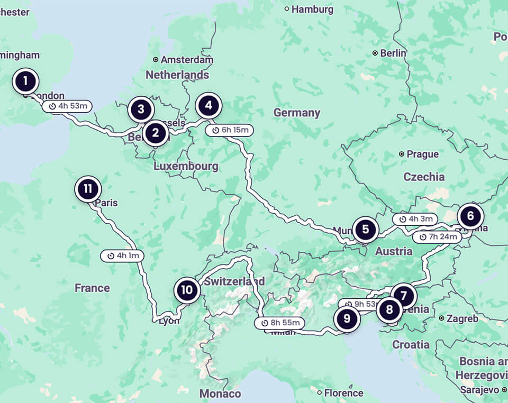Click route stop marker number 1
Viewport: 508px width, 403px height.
coord(25,81)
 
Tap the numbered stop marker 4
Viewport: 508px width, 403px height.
coord(208,105)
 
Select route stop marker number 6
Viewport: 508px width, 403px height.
coord(470,216)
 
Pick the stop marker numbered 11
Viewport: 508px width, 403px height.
coord(88,189)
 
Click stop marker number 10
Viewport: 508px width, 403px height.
coord(187,290)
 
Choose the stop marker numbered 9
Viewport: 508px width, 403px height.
coord(347,318)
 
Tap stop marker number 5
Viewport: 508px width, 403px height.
coord(366,230)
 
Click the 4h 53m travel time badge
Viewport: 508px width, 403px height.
coord(67,106)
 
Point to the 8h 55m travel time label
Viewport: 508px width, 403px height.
coord(280,323)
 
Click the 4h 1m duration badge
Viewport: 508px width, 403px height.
coord(122,256)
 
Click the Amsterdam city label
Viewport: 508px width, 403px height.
coord(186,60)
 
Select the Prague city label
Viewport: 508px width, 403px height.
coord(422,154)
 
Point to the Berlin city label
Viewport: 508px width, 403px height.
coord(392,53)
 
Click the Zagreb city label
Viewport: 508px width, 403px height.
coord(461,318)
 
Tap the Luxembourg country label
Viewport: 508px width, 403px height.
coord(186,166)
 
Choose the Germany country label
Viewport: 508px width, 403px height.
coord(297,113)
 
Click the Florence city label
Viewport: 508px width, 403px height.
coord(343,393)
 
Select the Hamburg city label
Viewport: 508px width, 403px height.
coord(312,9)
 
